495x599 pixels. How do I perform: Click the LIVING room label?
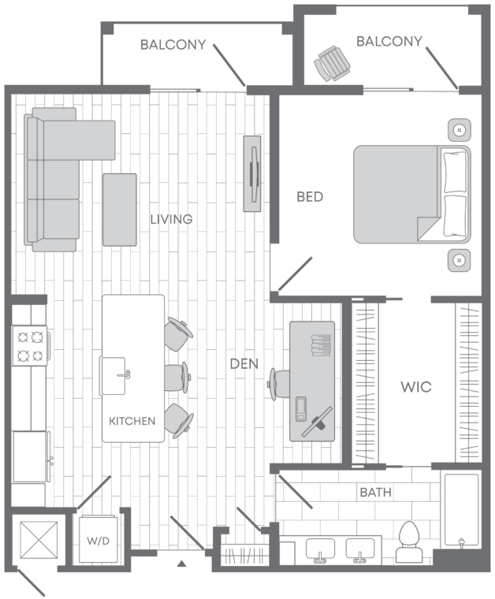point(171,219)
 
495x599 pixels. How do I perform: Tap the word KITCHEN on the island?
point(132,421)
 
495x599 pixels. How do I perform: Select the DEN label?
point(244,363)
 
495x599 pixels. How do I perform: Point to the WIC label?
point(416,387)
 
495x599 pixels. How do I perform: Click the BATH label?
point(376,493)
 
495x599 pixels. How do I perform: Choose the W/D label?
point(99,541)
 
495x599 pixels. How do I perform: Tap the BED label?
point(310,197)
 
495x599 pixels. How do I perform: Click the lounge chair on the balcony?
point(332,63)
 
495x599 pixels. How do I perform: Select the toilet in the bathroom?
point(409,541)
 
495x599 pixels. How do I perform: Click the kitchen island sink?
point(114,376)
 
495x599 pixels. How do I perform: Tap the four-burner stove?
point(30,345)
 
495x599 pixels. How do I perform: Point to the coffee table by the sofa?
point(120,210)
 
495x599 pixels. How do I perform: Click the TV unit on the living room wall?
point(252,173)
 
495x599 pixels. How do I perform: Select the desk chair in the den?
point(279,384)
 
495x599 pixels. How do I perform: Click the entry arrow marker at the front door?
point(182,563)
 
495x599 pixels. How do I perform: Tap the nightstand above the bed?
point(459,130)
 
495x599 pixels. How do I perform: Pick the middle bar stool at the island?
point(177,378)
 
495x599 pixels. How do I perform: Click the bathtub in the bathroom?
point(461,510)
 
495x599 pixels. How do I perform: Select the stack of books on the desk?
point(321,345)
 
